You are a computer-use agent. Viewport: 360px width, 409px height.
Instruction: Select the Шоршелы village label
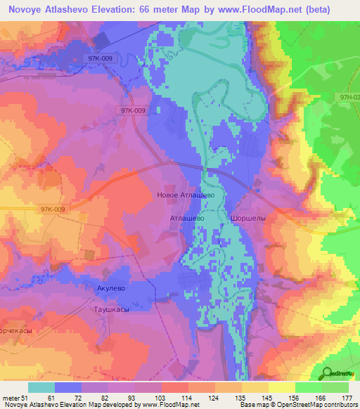[x=247, y=219]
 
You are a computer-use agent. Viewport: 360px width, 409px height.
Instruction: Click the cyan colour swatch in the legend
[x=41, y=387]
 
